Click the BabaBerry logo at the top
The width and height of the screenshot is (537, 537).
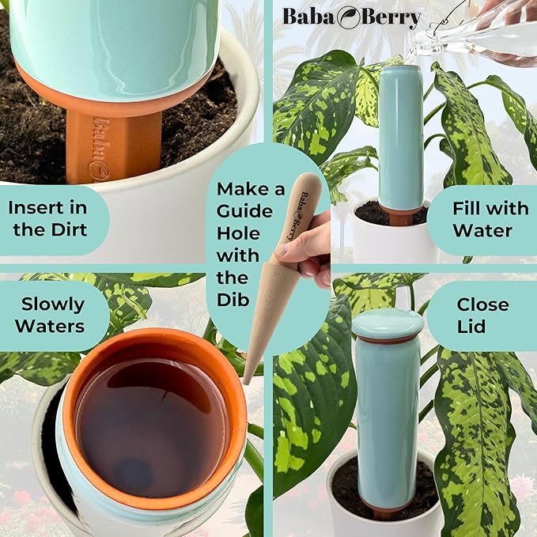(x=351, y=17)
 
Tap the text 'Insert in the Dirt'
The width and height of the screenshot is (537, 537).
(x=49, y=218)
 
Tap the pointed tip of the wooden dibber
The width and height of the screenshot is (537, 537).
(x=248, y=380)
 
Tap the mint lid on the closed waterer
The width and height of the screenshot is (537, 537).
(x=388, y=322)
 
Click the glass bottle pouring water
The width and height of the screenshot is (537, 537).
(x=475, y=32)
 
